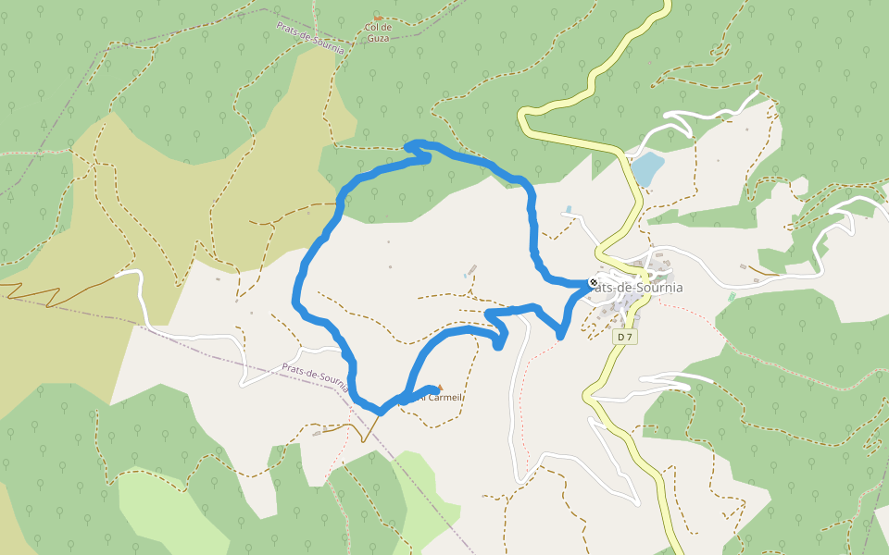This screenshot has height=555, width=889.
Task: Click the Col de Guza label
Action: coord(379,32)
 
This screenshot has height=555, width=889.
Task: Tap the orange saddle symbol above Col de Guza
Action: coord(377,17)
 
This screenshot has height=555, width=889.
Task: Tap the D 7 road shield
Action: coord(626,337)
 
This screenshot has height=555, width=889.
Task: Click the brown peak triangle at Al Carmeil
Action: coord(440,387)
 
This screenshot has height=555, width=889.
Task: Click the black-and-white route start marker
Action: coord(594,282)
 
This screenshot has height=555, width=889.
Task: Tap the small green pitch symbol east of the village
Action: coord(732,297)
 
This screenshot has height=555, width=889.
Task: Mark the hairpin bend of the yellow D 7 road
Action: coord(524,116)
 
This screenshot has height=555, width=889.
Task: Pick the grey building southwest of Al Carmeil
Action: coord(318,432)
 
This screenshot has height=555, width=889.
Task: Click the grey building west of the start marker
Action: coord(471,270)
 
